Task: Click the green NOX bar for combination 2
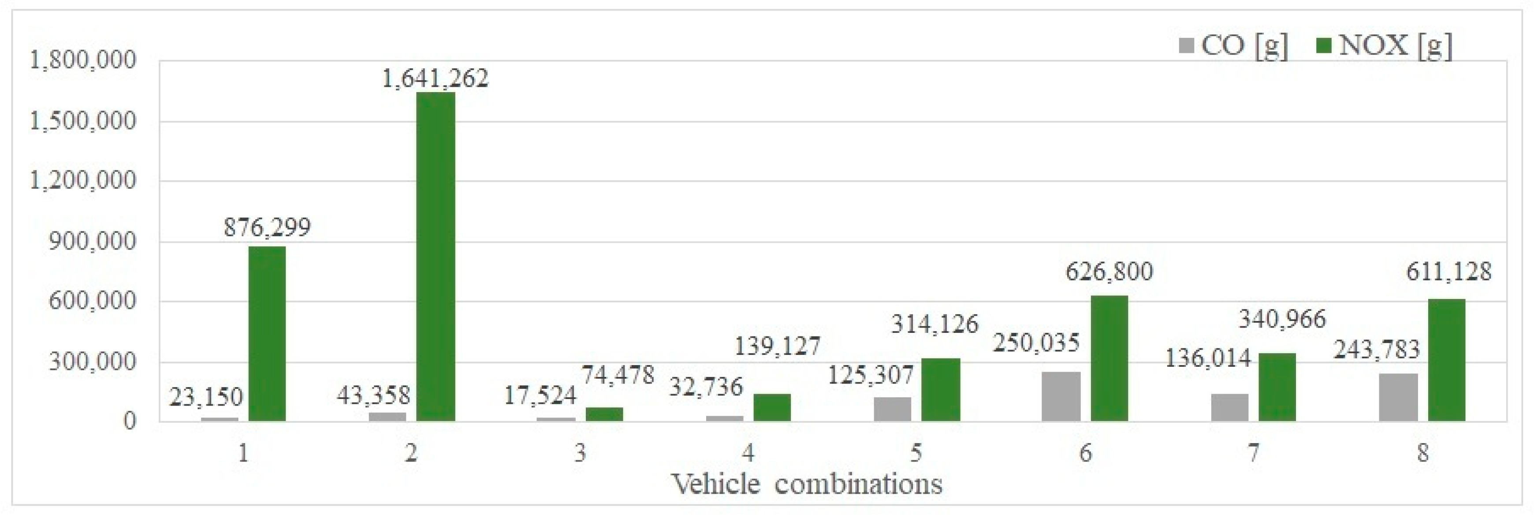(x=436, y=257)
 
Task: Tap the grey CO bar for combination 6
(x=1061, y=396)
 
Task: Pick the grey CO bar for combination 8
(x=1398, y=397)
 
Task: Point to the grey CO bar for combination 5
(x=892, y=409)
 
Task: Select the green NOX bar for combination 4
(x=772, y=407)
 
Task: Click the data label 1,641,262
(x=435, y=78)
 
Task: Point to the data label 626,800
(x=1109, y=272)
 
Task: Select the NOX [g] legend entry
(x=1384, y=45)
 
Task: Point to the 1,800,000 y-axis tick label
(x=83, y=60)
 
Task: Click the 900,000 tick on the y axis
(x=92, y=241)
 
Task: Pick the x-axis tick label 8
(x=1422, y=454)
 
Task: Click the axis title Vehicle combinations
(x=807, y=484)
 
